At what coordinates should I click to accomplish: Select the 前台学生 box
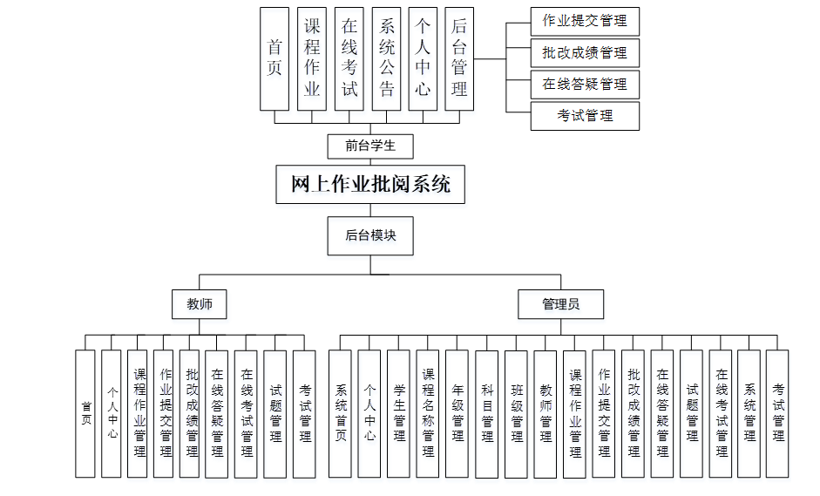[x=369, y=146]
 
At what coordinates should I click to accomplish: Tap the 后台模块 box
[x=369, y=235]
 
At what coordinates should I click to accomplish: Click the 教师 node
[x=199, y=304]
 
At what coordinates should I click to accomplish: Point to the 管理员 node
[x=560, y=304]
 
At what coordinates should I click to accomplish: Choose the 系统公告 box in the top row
[x=386, y=58]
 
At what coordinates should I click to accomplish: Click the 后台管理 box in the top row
[x=459, y=58]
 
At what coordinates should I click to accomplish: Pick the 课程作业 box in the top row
[x=312, y=58]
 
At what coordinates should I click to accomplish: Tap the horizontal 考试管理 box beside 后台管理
[x=585, y=116]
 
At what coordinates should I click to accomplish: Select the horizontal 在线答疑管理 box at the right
[x=585, y=85]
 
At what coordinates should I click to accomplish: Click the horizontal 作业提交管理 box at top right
[x=585, y=21]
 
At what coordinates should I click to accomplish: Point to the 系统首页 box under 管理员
[x=340, y=414]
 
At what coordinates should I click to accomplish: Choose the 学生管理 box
[x=398, y=414]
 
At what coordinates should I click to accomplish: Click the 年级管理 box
[x=457, y=414]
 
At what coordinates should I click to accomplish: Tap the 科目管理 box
[x=487, y=414]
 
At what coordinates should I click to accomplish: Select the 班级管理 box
[x=517, y=414]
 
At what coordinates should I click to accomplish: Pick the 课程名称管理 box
[x=428, y=414]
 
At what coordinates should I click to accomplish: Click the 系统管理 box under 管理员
[x=749, y=414]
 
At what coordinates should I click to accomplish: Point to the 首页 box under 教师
[x=85, y=414]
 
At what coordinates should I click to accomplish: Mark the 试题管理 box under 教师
[x=275, y=414]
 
